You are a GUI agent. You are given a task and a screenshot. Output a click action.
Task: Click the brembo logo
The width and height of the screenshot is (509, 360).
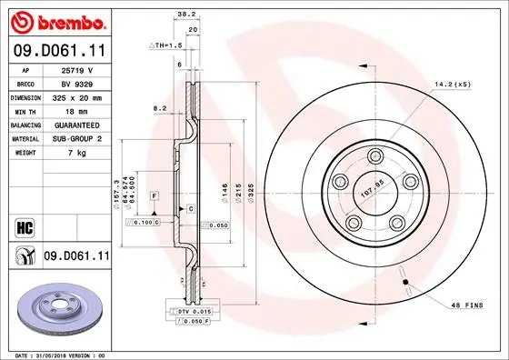[x=56, y=21]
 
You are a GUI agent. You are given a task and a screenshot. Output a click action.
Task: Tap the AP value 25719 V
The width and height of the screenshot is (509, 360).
[x=77, y=69]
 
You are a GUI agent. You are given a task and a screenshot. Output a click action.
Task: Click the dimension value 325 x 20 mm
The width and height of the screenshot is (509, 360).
[x=77, y=95]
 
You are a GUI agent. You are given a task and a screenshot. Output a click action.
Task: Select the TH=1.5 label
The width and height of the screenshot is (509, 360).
[x=168, y=44]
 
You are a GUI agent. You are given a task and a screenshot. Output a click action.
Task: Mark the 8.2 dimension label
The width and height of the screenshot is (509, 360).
[x=161, y=107]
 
